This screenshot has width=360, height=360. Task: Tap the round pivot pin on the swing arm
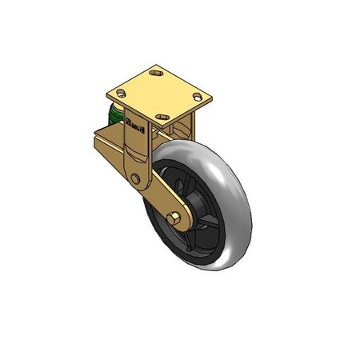136,178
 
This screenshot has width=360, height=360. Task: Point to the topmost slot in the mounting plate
155,75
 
